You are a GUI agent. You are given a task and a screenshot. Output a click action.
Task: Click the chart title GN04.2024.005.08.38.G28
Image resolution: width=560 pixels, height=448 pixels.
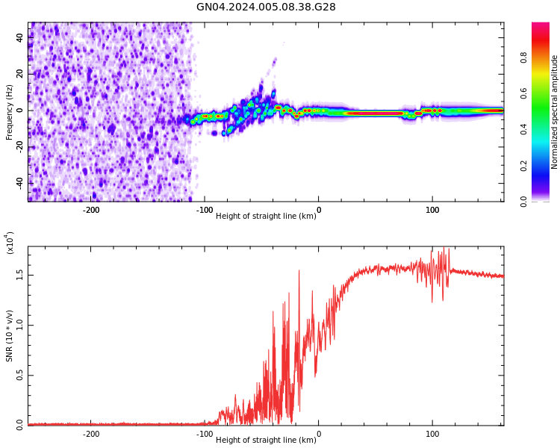[266, 7]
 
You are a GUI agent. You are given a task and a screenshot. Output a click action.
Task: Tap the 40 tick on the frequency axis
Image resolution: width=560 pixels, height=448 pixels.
[20, 37]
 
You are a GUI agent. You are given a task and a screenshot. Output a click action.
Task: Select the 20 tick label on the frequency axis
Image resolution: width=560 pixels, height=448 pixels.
[20, 74]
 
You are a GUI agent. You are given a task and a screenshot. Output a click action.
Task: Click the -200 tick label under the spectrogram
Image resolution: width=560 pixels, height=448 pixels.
[91, 210]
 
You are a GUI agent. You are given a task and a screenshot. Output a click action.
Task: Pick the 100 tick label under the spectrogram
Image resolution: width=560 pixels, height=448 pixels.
[432, 210]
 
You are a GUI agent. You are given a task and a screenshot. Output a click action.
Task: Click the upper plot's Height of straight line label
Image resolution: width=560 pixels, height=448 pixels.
[266, 217]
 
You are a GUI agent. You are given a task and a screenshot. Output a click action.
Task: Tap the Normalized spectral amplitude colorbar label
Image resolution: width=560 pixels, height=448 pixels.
[555, 112]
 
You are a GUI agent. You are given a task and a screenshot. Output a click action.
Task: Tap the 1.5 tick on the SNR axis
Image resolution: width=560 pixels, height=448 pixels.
[20, 275]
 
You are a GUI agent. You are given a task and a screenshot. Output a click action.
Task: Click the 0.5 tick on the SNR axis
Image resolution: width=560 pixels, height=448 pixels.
[20, 375]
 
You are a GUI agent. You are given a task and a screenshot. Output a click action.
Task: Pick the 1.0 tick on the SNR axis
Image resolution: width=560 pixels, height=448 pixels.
[20, 325]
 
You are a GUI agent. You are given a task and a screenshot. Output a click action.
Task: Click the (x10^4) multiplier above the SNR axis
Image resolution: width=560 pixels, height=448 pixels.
[10, 243]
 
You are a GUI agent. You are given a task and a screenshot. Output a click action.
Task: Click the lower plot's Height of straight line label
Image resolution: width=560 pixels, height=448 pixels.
[266, 441]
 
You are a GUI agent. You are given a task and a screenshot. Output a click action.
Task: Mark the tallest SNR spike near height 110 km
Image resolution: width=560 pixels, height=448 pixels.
[444, 249]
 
